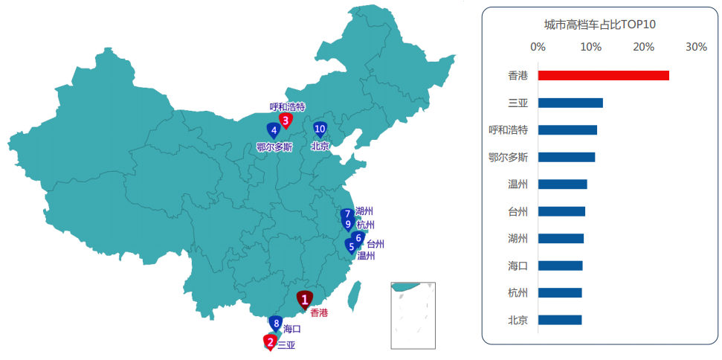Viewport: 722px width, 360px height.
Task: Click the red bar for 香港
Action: pyautogui.click(x=603, y=75)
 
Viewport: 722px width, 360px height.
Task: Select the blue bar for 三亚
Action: pyautogui.click(x=570, y=103)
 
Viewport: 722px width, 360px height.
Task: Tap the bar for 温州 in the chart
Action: pyautogui.click(x=562, y=184)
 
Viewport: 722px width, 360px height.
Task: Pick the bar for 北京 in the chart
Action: pyautogui.click(x=560, y=320)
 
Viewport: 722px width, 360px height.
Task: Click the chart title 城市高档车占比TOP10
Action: pyautogui.click(x=599, y=25)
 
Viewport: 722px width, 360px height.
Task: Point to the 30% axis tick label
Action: pyautogui.click(x=696, y=48)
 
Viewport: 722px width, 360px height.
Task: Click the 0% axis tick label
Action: pyautogui.click(x=538, y=48)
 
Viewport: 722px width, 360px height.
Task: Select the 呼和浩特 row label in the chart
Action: pyautogui.click(x=508, y=130)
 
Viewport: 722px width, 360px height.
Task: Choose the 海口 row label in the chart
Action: pyautogui.click(x=518, y=266)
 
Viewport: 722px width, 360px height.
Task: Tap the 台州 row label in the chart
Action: pyautogui.click(x=518, y=211)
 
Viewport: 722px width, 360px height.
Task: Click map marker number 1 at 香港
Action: pyautogui.click(x=304, y=299)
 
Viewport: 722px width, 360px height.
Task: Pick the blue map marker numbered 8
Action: pyautogui.click(x=276, y=324)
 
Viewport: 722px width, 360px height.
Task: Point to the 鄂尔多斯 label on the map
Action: pyautogui.click(x=274, y=147)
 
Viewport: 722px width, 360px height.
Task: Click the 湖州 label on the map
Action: pyautogui.click(x=364, y=211)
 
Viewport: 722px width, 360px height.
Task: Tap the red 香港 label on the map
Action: pyautogui.click(x=318, y=312)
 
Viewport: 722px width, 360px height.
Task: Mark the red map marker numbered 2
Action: pyautogui.click(x=270, y=341)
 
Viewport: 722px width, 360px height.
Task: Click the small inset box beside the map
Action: pyautogui.click(x=413, y=315)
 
